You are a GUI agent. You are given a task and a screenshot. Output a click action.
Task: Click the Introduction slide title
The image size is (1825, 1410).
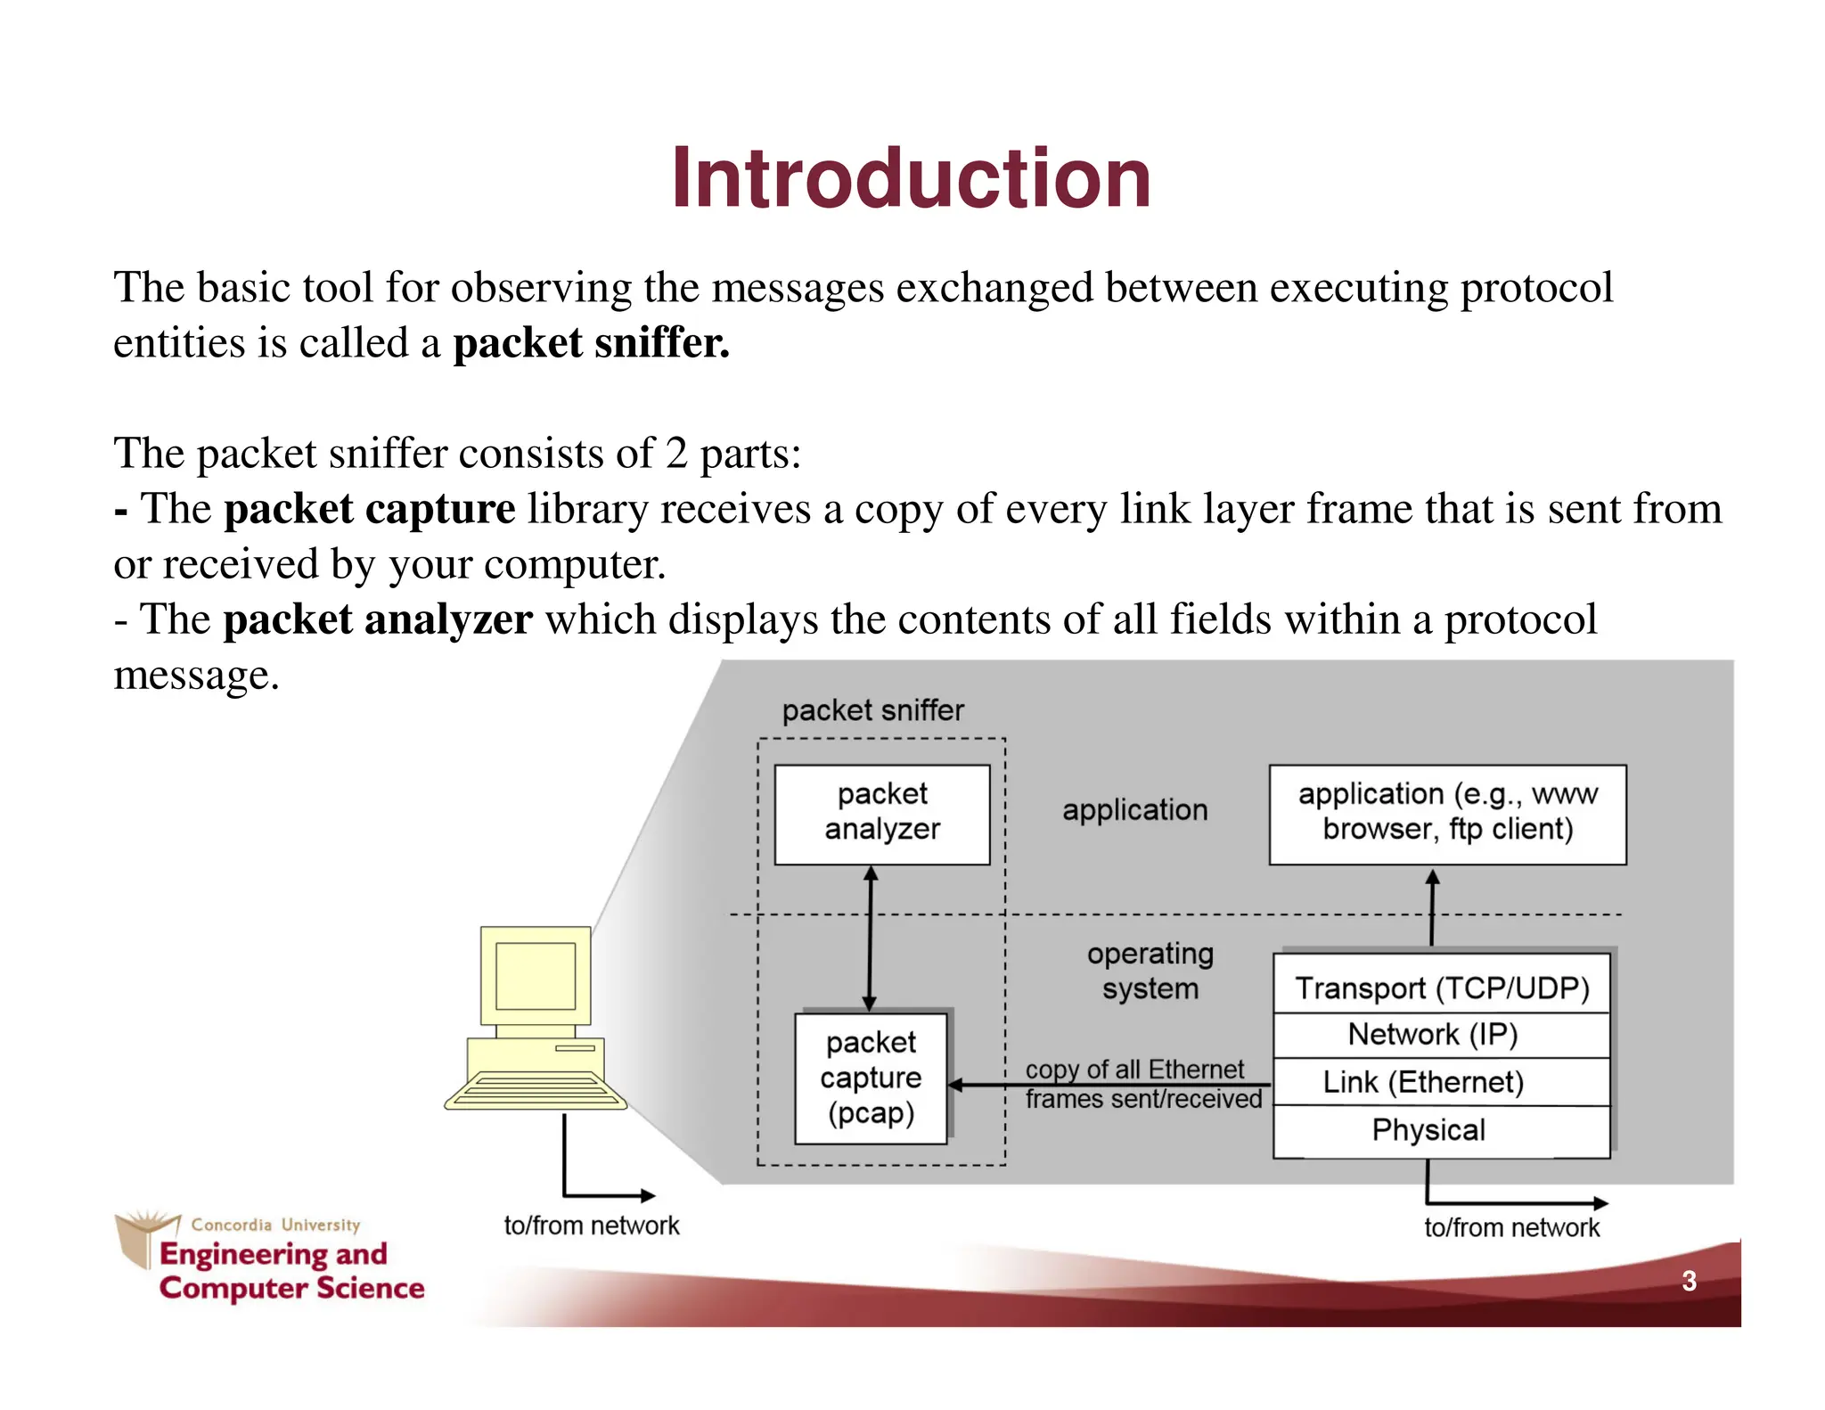911,179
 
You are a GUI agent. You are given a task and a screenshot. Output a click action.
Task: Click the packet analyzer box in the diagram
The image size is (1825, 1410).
881,813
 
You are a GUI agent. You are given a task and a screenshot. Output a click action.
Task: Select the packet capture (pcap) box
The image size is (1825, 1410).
871,1078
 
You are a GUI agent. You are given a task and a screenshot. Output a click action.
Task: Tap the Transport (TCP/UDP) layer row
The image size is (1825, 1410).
1441,987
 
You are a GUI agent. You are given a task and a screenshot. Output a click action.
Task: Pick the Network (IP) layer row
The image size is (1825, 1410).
1432,1034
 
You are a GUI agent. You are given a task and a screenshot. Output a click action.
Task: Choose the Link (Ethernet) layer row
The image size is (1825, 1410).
1423,1081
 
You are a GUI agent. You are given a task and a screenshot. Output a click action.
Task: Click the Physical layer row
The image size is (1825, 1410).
1428,1129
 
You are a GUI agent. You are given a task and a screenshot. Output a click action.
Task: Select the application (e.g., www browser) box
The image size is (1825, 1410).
1446,812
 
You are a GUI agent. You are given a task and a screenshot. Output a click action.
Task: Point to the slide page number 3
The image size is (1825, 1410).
1688,1281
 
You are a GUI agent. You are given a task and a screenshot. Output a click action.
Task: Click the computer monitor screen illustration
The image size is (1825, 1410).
536,975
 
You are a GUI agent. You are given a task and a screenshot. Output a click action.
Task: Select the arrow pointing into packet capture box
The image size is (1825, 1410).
1105,1085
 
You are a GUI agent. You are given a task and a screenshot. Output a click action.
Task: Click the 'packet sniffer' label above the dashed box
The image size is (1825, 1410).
872,710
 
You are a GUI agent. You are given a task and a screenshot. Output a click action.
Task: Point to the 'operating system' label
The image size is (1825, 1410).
1150,971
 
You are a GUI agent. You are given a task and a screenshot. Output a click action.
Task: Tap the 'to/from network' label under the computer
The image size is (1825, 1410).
591,1226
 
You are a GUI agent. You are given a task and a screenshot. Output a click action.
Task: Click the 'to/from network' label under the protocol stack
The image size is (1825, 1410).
1511,1227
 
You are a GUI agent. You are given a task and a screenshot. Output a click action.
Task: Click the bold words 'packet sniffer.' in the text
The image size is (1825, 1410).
591,343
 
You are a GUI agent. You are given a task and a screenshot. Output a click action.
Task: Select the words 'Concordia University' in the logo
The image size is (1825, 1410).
275,1225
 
